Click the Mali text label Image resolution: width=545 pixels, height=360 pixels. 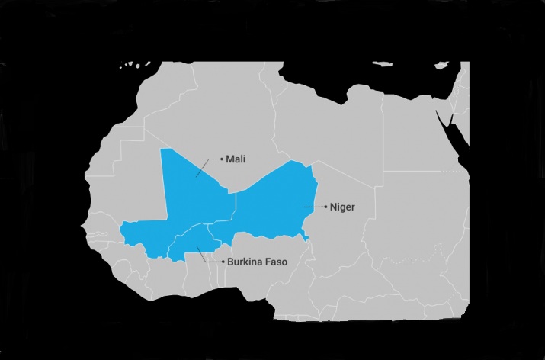[x=236, y=159]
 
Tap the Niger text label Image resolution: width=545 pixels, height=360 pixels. [x=341, y=207]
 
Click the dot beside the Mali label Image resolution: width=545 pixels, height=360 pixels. [x=221, y=159]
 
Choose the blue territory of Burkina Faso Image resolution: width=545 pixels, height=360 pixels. [x=191, y=240]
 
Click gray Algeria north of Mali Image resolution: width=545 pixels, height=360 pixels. [x=221, y=114]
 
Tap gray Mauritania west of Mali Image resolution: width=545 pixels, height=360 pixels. [x=130, y=175]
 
